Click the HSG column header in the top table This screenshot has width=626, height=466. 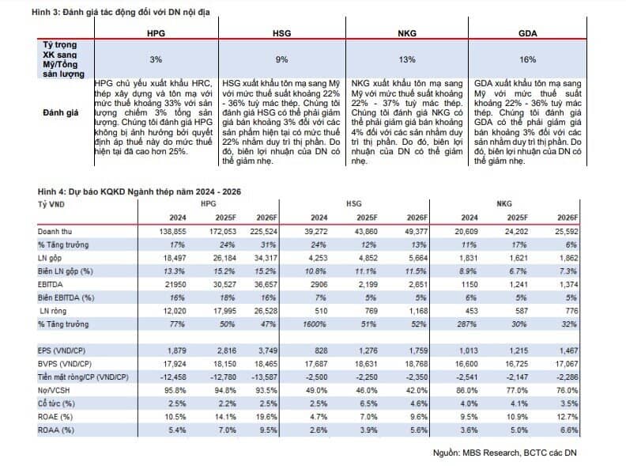click(281, 36)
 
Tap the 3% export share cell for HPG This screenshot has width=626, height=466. click(156, 59)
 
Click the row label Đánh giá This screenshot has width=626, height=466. click(60, 112)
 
